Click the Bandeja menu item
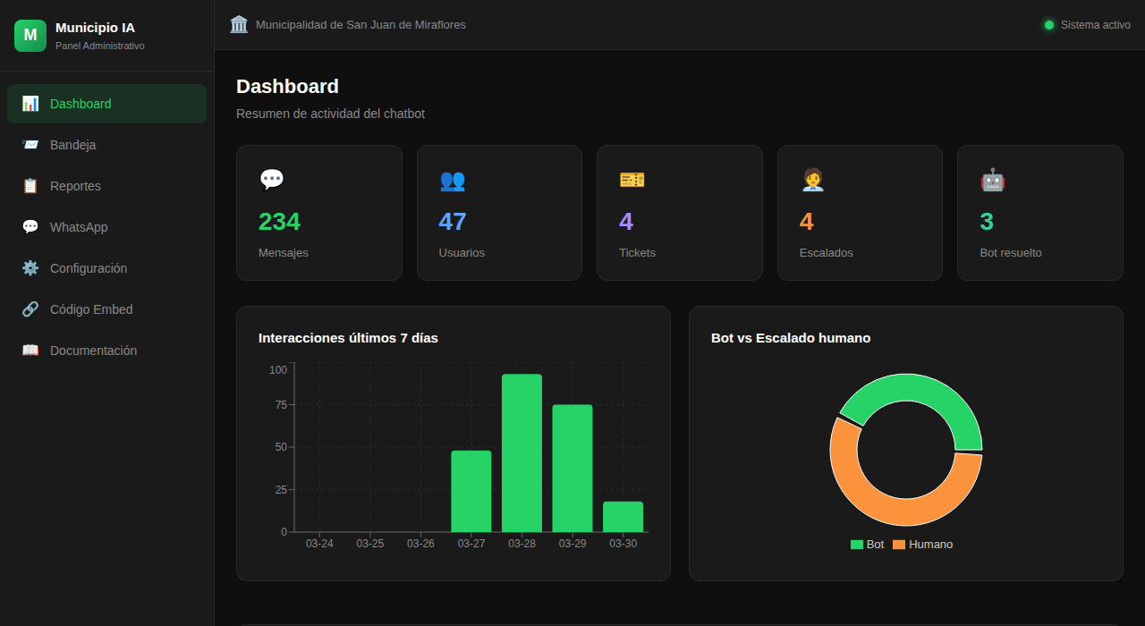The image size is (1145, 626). click(x=72, y=145)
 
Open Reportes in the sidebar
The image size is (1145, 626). click(x=75, y=186)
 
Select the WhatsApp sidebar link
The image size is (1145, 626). click(x=79, y=227)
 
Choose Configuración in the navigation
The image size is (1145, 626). click(x=88, y=268)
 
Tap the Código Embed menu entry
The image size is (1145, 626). click(x=91, y=309)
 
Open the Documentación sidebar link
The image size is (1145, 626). click(x=93, y=351)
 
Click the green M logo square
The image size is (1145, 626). click(x=30, y=35)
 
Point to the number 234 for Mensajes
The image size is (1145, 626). click(x=279, y=221)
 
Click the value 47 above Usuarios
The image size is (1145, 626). click(x=452, y=221)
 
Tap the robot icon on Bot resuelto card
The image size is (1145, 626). click(x=992, y=180)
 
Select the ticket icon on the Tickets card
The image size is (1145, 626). click(x=632, y=180)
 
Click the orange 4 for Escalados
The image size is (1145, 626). click(x=806, y=221)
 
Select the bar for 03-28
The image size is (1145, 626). click(x=522, y=453)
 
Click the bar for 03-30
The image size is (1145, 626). click(x=623, y=517)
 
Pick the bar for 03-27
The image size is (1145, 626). click(x=471, y=491)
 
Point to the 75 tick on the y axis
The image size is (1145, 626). click(x=281, y=404)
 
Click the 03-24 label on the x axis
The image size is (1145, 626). click(x=319, y=544)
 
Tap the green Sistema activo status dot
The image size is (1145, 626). click(x=1048, y=25)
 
